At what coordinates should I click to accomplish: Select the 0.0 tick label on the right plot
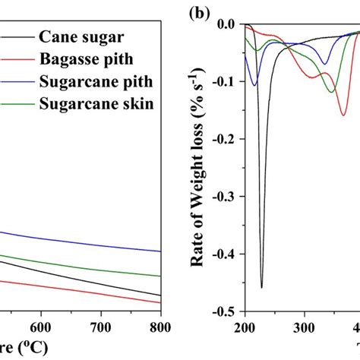pyautogui.click(x=225, y=24)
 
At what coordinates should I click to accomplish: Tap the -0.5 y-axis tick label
pyautogui.click(x=223, y=311)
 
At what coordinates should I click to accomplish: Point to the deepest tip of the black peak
pyautogui.click(x=261, y=288)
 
